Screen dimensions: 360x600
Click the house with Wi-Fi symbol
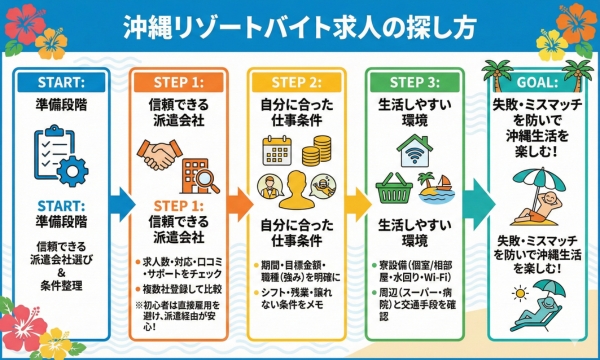[414, 148]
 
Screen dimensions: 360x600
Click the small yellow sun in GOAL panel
[521, 294]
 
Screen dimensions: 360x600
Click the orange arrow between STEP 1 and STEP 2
[239, 201]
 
